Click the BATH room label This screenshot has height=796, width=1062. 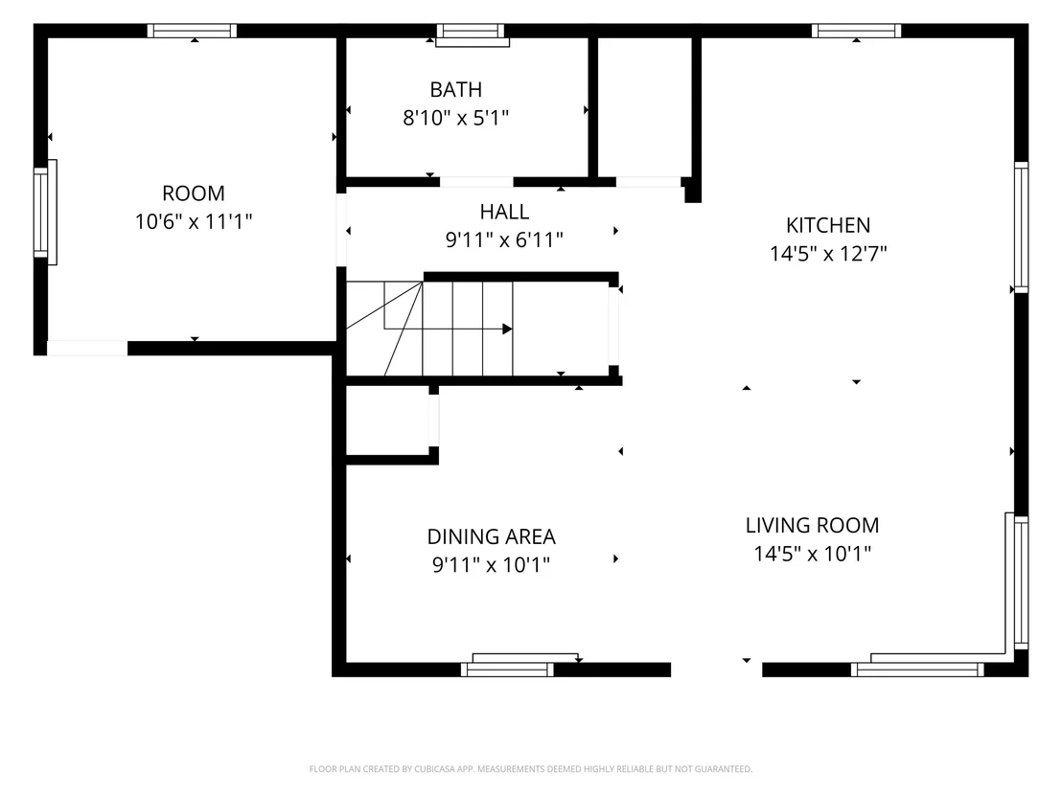(456, 89)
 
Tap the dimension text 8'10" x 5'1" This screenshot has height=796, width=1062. (456, 118)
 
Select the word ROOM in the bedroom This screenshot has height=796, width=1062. (194, 193)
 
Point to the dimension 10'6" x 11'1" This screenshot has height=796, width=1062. (194, 221)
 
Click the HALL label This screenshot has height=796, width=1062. (504, 212)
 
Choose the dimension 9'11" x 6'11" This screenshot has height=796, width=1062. (504, 239)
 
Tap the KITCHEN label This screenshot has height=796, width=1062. (828, 225)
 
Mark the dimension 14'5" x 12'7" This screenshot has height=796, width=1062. (828, 253)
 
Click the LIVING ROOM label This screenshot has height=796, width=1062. (813, 525)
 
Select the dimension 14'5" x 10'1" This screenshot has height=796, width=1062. (813, 554)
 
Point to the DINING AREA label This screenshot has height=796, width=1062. (492, 536)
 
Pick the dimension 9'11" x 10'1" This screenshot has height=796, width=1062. (492, 564)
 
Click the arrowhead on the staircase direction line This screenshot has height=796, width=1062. (507, 329)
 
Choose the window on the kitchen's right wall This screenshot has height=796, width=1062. (1021, 227)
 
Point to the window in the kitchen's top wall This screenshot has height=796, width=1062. (856, 31)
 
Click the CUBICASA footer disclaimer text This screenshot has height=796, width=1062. (531, 769)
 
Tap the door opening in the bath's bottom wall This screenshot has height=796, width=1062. (476, 182)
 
